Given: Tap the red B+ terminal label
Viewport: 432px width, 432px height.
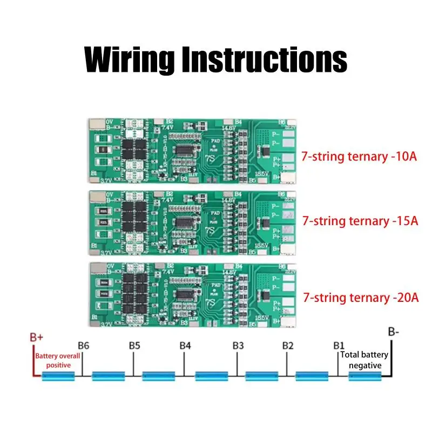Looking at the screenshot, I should tap(36, 337).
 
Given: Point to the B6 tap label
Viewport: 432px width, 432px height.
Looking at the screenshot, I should tap(83, 345).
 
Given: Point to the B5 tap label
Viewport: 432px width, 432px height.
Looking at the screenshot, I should tap(134, 345).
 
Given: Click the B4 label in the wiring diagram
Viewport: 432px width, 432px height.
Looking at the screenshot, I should tap(185, 345).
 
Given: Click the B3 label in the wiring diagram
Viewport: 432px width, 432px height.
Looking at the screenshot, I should tap(238, 345).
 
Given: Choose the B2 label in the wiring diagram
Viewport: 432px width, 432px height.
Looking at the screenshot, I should tap(288, 345).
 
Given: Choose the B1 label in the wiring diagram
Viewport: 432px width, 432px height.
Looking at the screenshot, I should tap(339, 345).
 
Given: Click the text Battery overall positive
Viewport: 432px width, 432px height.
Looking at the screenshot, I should tap(57, 361).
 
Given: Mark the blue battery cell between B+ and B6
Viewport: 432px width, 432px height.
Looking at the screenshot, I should tap(57, 375).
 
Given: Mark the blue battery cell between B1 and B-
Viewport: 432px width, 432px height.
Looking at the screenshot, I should tap(365, 375).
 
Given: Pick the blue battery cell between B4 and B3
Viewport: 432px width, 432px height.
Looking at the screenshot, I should tap(212, 375).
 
